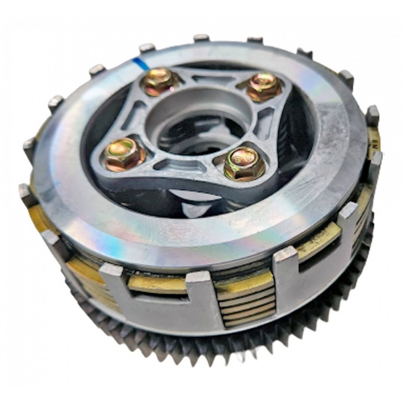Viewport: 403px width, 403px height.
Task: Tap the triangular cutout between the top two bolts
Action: [x=207, y=81]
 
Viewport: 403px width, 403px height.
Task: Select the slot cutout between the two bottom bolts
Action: [x=176, y=166]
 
